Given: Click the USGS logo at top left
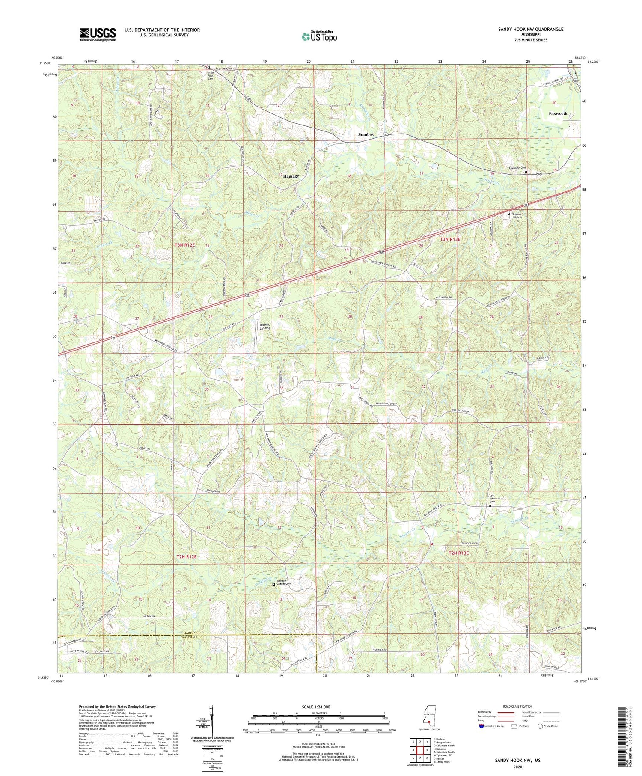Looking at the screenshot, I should pos(98,34).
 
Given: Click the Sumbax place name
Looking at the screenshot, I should pos(366,134).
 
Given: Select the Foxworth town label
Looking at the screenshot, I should pos(558,113).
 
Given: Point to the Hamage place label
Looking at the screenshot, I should pos(291,176).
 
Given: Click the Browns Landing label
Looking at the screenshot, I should pos(265,326).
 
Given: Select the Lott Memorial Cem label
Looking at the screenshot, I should pos(495,499).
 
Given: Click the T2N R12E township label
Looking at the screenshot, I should pos(186,556).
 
